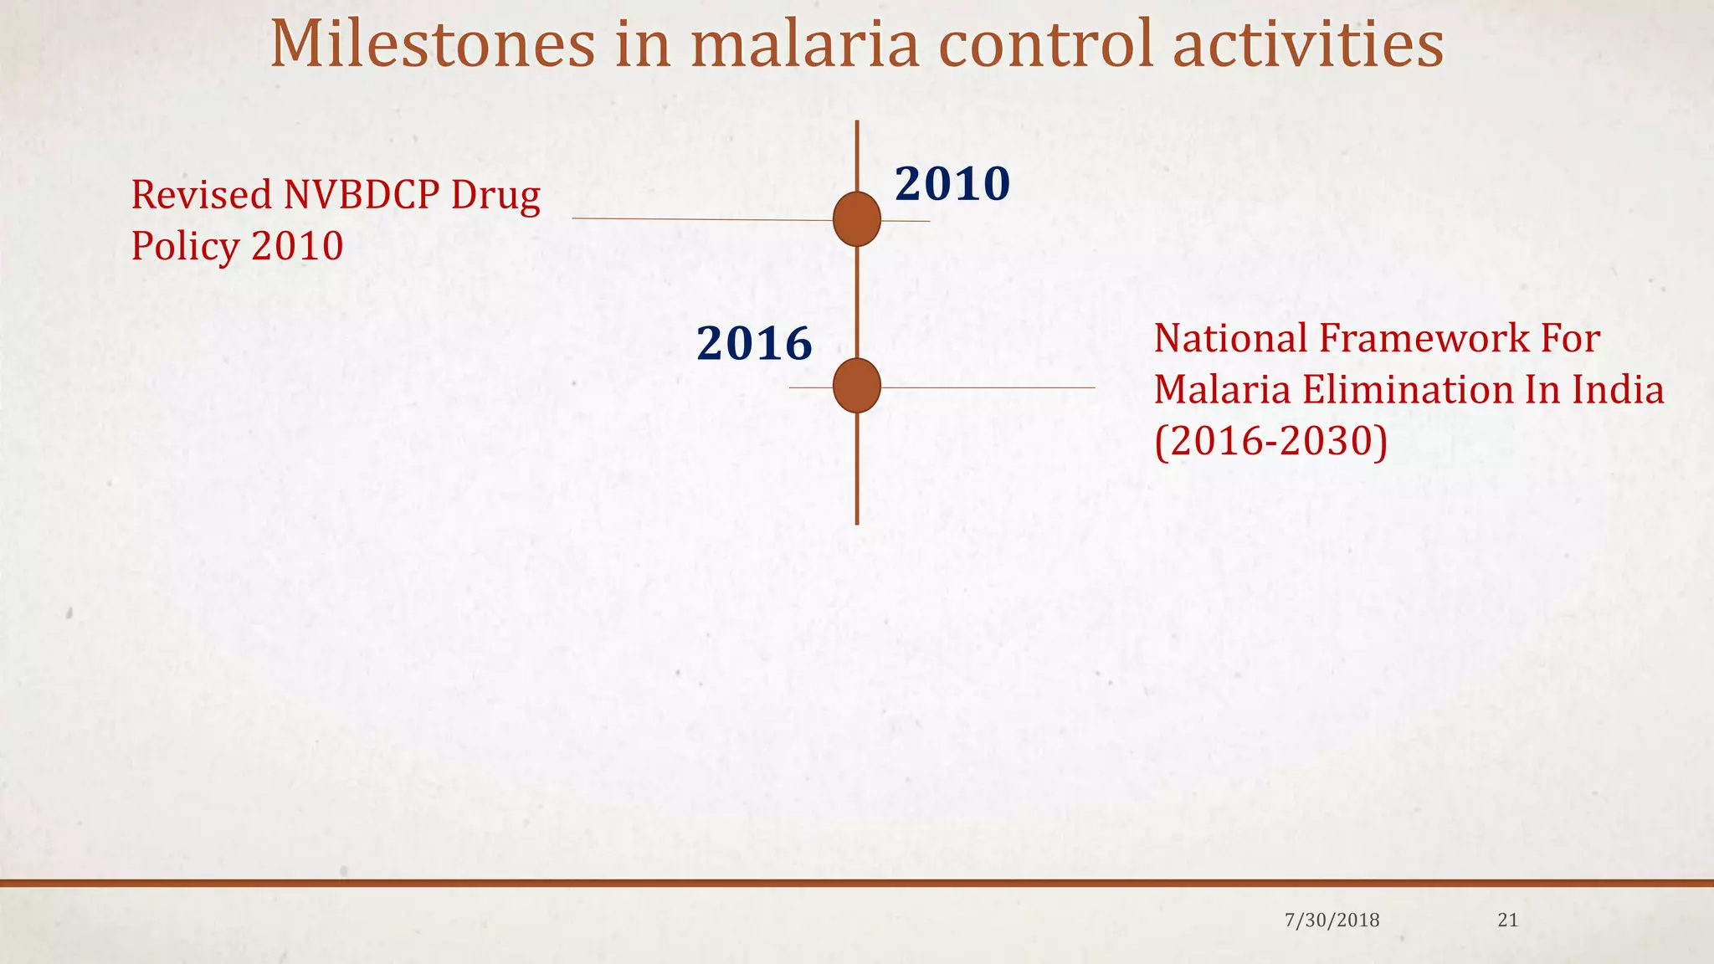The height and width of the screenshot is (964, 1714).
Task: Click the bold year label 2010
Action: pyautogui.click(x=952, y=184)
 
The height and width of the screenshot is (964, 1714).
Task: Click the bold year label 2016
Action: pyautogui.click(x=754, y=344)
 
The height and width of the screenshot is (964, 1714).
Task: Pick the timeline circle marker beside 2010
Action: pyautogui.click(x=857, y=219)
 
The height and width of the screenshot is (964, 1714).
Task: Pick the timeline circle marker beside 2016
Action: pyautogui.click(x=857, y=386)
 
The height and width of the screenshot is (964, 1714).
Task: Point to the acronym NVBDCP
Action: pyautogui.click(x=362, y=194)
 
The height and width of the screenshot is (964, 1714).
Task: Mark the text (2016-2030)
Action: pyautogui.click(x=1270, y=441)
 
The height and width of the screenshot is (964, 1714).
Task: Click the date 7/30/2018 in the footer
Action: pyautogui.click(x=1332, y=920)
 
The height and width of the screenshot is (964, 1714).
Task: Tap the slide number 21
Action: pyautogui.click(x=1507, y=920)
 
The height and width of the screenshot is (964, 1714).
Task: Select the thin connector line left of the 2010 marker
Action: pyautogui.click(x=703, y=219)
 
